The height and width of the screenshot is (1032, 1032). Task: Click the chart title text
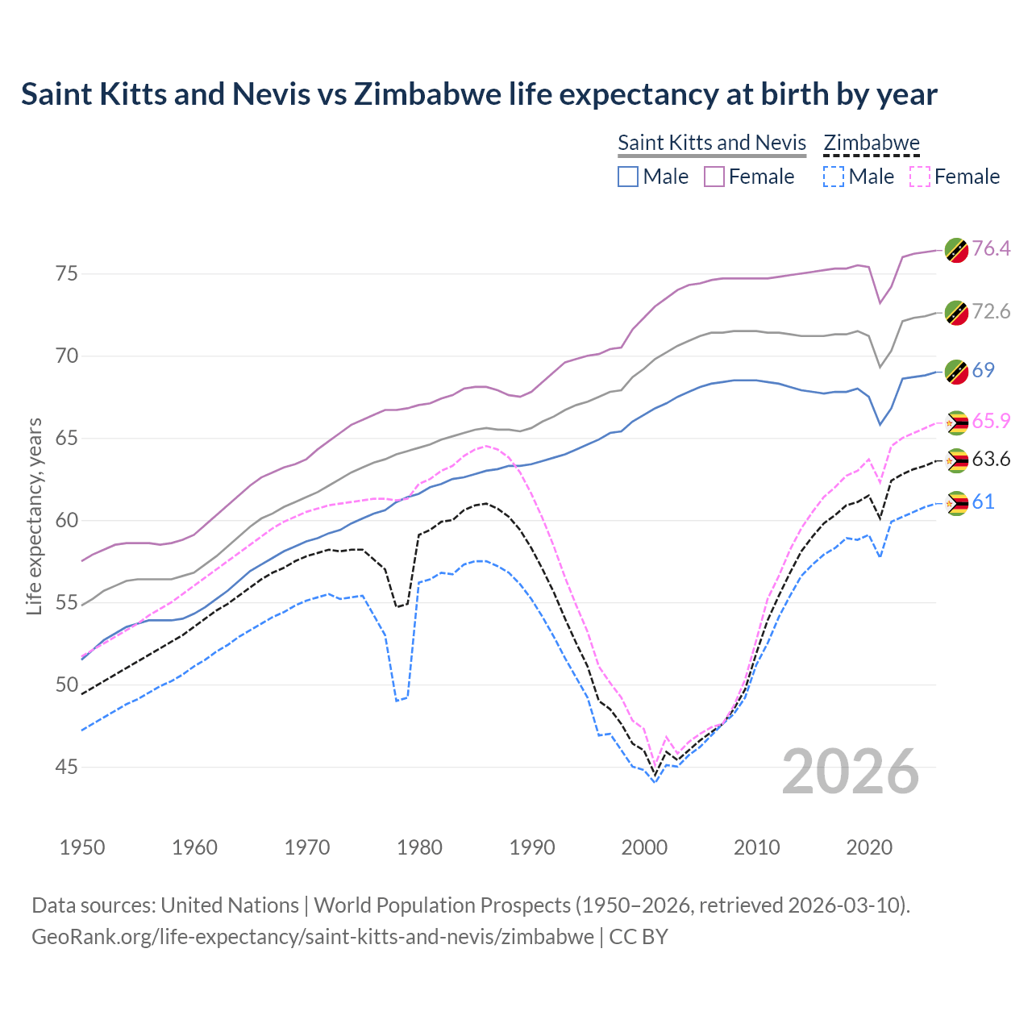(x=479, y=94)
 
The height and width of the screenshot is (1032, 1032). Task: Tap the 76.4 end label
(x=991, y=248)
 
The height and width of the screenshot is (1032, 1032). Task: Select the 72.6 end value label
(x=991, y=311)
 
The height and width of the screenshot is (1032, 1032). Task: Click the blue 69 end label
(x=983, y=370)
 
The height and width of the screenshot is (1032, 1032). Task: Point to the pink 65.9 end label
(x=991, y=421)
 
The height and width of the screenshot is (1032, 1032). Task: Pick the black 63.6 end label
(x=991, y=460)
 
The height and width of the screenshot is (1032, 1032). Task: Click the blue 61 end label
(x=983, y=502)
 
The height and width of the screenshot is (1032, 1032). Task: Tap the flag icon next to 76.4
(x=956, y=250)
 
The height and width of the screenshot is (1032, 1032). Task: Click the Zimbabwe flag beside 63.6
(x=956, y=461)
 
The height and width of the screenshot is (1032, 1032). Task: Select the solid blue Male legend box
(x=628, y=177)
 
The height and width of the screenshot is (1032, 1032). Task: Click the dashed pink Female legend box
(x=920, y=177)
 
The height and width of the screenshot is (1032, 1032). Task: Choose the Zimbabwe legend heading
(x=872, y=143)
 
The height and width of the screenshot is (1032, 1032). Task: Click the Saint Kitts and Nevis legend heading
(x=712, y=143)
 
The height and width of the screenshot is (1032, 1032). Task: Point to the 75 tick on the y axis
(x=67, y=274)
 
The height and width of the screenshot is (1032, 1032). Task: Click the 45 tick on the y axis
(x=67, y=767)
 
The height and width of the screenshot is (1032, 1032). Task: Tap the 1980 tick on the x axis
(x=420, y=847)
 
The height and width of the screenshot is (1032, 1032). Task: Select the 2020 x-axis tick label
(x=869, y=847)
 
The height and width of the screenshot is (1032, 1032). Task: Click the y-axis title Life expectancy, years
(x=34, y=516)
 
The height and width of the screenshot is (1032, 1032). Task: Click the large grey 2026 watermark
(x=851, y=772)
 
